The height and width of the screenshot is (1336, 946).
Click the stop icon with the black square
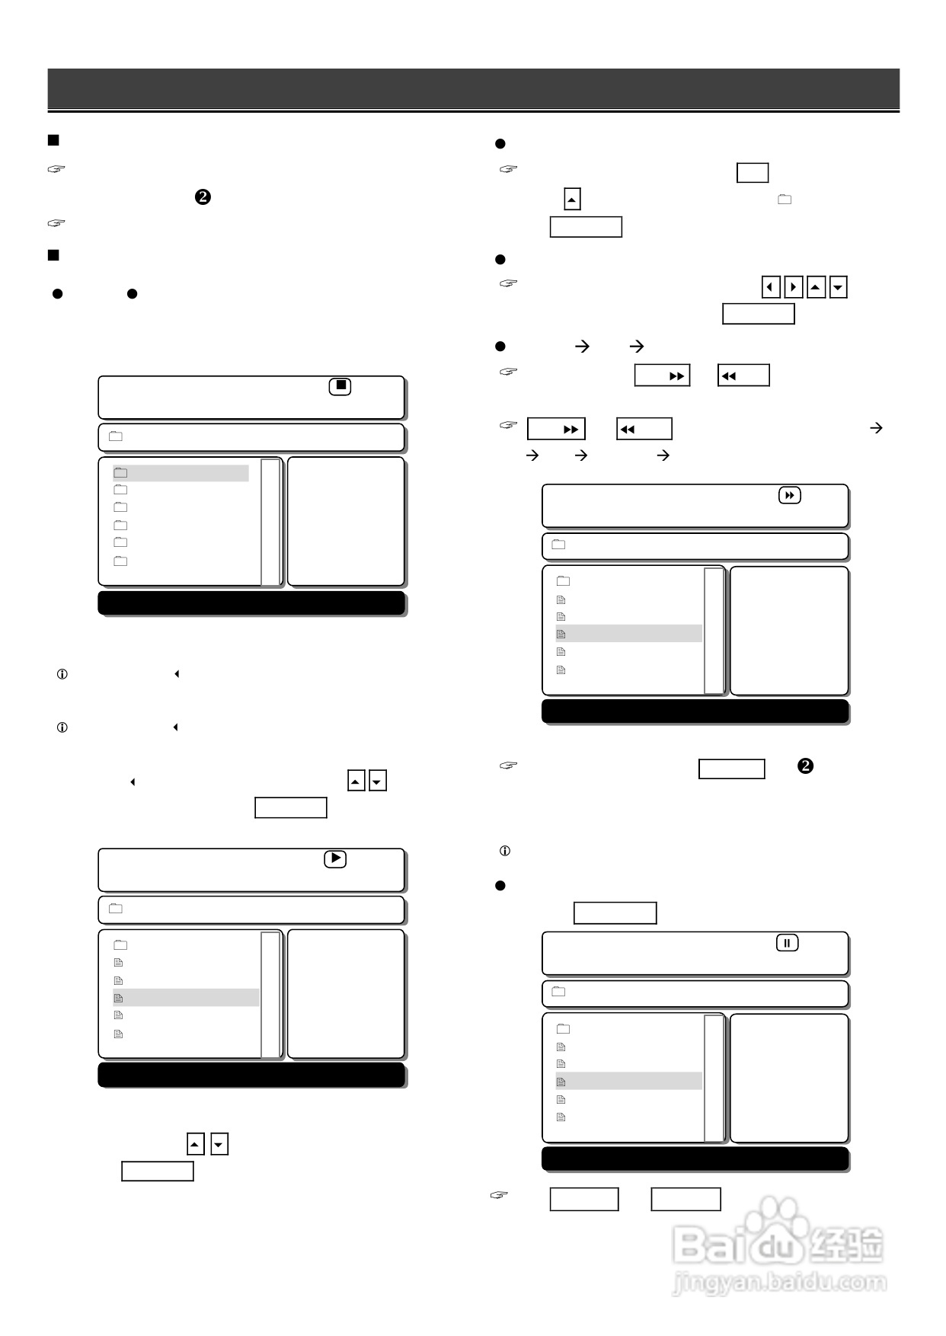340,386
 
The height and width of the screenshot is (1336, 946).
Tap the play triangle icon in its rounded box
335,858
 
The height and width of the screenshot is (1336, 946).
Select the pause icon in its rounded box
788,943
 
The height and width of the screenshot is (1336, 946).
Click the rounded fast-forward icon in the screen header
790,496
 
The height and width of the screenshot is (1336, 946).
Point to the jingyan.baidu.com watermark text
779,1283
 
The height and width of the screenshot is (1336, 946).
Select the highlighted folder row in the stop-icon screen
181,473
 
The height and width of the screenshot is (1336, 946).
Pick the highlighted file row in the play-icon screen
186,998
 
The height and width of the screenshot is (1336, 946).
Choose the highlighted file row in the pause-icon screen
628,1082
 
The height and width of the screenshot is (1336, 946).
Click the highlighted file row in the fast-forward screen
628,634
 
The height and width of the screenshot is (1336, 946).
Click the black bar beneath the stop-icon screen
251,602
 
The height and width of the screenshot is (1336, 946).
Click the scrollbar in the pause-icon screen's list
714,1078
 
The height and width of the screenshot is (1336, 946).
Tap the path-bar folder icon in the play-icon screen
116,909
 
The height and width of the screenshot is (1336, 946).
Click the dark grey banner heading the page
473,89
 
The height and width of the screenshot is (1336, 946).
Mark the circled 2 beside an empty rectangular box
805,766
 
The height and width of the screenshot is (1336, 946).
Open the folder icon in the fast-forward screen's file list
564,581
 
